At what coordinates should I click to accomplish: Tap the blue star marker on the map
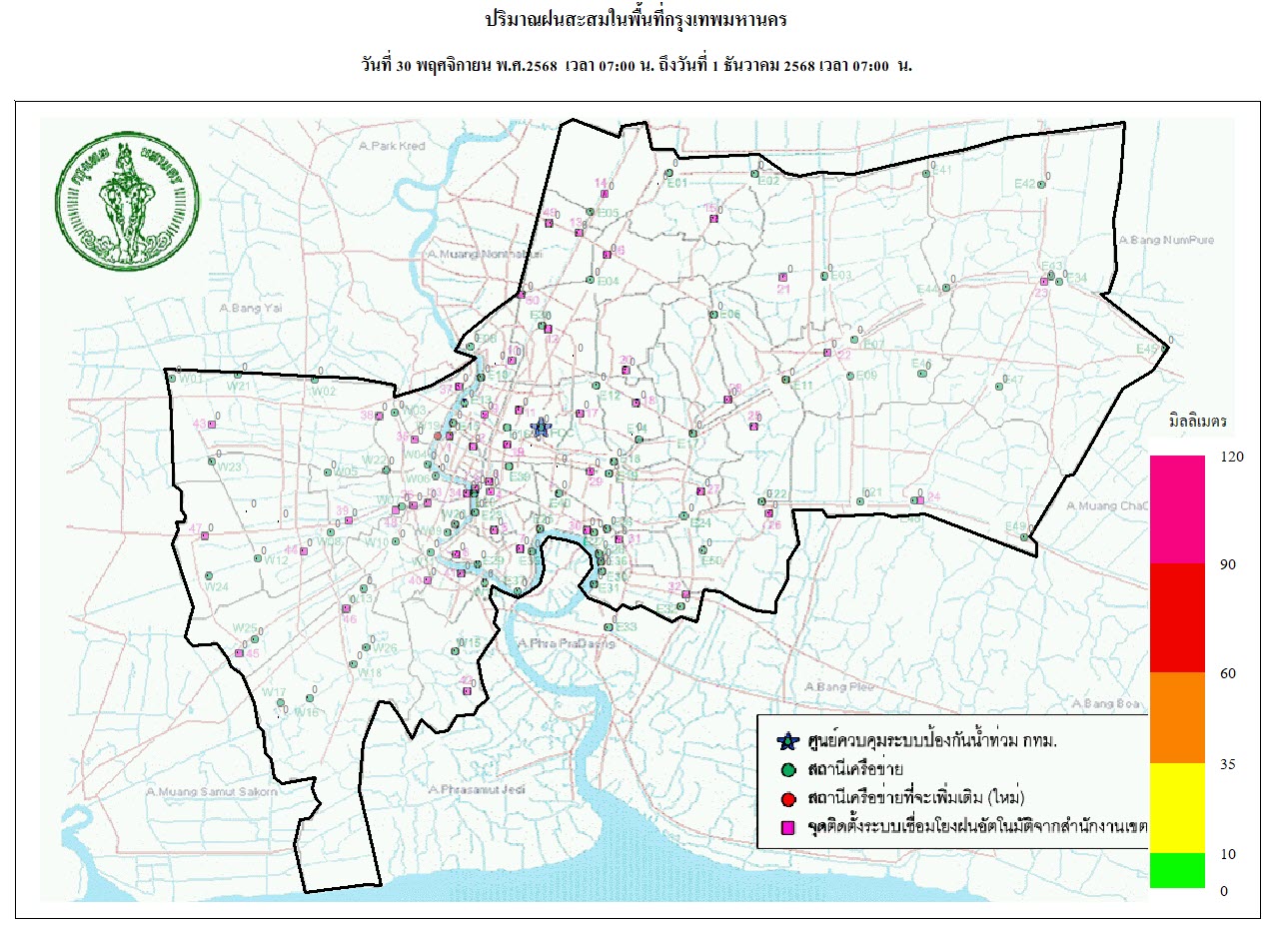coord(541,428)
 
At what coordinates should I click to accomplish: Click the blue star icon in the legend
coord(787,741)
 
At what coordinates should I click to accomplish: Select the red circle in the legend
coord(788,798)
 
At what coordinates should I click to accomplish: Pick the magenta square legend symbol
coord(788,827)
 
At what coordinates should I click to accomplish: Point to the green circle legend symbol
coord(788,770)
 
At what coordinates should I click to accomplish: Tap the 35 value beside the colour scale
coord(1228,764)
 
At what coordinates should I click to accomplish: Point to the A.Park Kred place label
coord(391,146)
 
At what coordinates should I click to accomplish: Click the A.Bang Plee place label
coord(838,687)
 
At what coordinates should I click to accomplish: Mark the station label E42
coord(1025,184)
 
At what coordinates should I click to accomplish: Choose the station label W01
coord(191,380)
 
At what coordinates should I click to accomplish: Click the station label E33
coord(627,626)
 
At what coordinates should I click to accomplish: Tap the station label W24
coord(217,586)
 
